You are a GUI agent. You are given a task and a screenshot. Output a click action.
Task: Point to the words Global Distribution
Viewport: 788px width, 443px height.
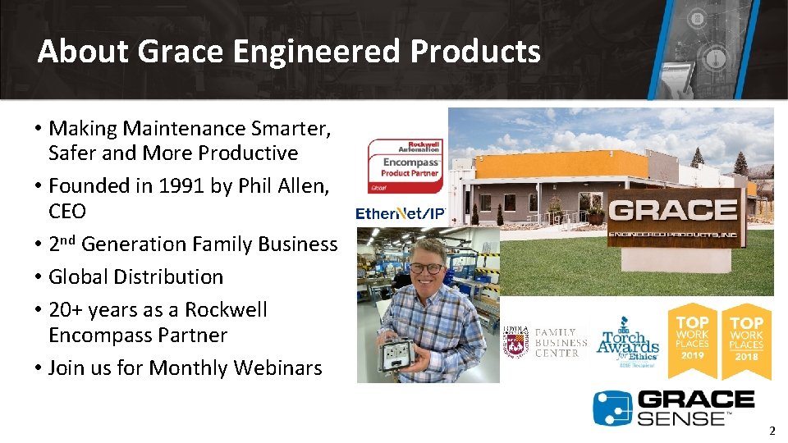[135, 276]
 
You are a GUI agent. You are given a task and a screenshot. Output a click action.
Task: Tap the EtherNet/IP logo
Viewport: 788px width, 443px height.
[400, 213]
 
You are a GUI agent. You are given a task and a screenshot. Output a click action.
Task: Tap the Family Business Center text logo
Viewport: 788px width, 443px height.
[561, 342]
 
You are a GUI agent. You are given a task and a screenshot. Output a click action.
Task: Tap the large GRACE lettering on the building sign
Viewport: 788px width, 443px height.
[673, 211]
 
